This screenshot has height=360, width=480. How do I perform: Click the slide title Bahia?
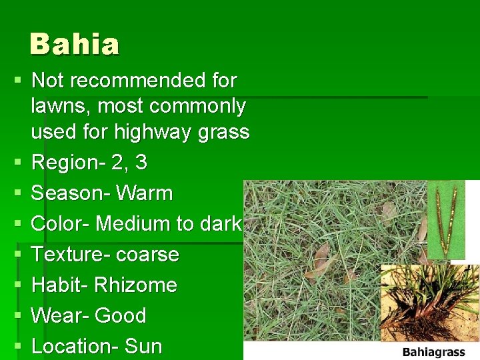point(75,45)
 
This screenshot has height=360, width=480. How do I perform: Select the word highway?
point(155,133)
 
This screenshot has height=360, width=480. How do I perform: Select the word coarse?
point(146,255)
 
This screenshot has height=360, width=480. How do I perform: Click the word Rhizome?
point(135,285)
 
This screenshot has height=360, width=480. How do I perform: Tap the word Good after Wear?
point(121,315)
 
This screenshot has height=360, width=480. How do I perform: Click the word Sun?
point(143,346)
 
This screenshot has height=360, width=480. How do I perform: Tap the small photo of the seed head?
point(446,219)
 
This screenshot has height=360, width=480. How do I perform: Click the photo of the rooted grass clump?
point(429,303)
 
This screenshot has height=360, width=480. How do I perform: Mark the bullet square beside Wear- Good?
point(18,316)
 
